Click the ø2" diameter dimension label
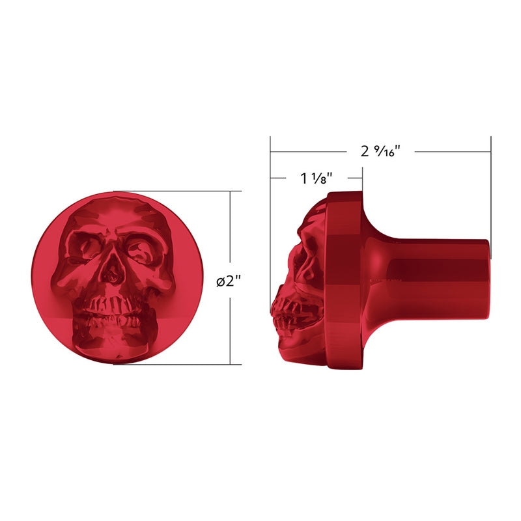coord(230,281)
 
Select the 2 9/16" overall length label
coord(380,151)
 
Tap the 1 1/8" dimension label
coord(317,178)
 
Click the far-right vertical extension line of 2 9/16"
coord(491,195)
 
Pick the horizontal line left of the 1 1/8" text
coord(283,178)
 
